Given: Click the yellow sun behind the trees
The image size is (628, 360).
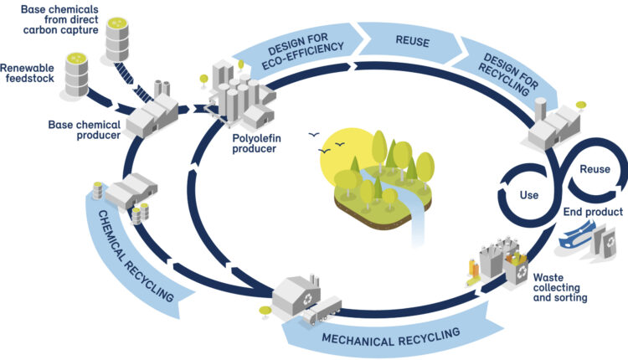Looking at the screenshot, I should tap(344, 160).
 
